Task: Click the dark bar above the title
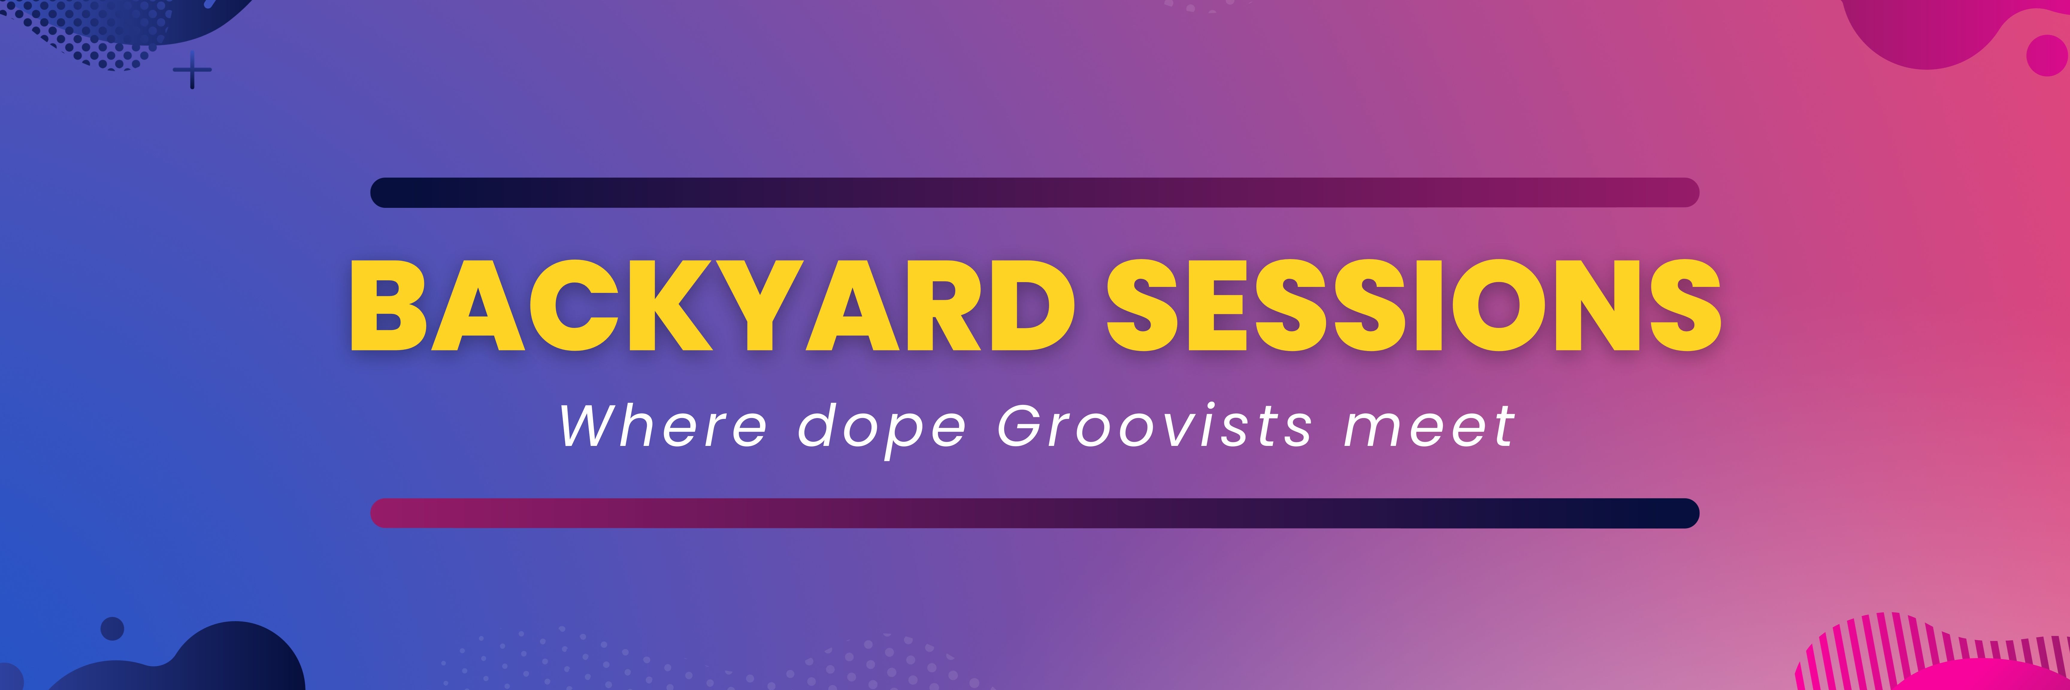[x=1034, y=193]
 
